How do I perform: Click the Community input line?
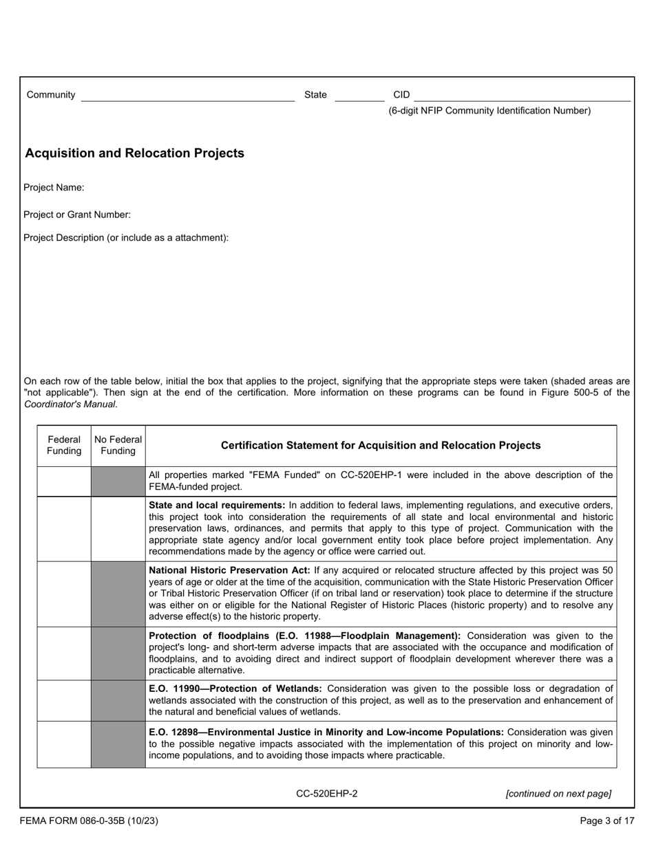tap(187, 95)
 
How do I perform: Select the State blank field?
tap(359, 95)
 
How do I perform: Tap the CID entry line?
tap(521, 95)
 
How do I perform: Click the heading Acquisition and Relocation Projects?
tap(134, 153)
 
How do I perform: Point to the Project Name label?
tap(54, 188)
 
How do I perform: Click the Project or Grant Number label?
tap(76, 215)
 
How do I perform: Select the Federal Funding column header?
tap(64, 446)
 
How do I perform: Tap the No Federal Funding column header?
tap(118, 446)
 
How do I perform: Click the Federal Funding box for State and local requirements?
tap(64, 528)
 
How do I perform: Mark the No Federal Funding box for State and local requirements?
tap(118, 528)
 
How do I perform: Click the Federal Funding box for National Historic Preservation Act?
tap(64, 594)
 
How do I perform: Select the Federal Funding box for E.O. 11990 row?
tap(64, 700)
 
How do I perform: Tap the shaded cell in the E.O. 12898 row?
tap(118, 744)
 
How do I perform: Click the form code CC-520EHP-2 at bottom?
tap(326, 794)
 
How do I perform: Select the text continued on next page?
tap(558, 794)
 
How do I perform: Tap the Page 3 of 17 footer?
tap(606, 821)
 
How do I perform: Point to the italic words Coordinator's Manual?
tap(70, 404)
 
